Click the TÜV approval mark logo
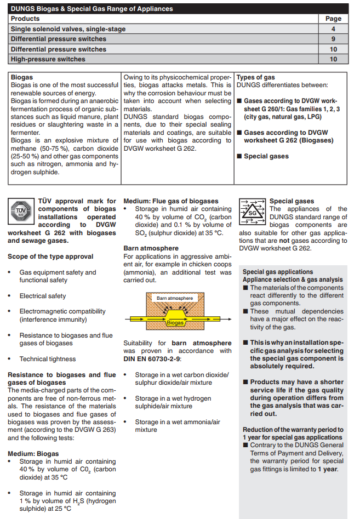point(21,210)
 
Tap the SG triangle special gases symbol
point(253,210)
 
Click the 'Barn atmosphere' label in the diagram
point(175,298)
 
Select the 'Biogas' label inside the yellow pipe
point(175,323)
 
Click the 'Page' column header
point(333,19)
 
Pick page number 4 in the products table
point(333,29)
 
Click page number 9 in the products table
point(333,39)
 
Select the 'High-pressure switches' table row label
point(48,59)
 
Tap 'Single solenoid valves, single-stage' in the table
point(68,29)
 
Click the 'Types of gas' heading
point(256,77)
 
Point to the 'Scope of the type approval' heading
point(50,256)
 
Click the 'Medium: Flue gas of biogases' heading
point(171,201)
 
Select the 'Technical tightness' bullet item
point(48,359)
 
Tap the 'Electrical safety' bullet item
point(43,296)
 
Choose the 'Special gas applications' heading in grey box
point(278,272)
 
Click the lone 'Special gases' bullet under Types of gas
point(266,156)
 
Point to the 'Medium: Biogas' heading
point(33,454)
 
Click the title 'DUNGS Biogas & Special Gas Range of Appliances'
point(92,9)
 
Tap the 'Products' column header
point(25,19)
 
